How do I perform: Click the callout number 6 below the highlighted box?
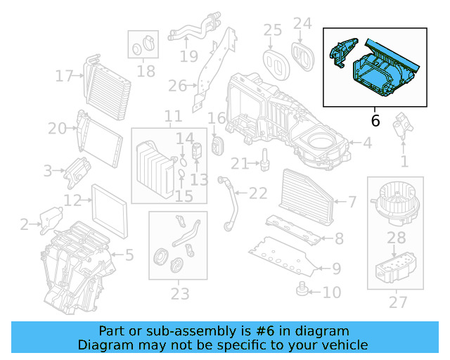375,121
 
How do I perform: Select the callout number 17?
65,76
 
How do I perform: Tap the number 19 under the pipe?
188,56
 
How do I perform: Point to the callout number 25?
272,30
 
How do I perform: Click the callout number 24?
302,24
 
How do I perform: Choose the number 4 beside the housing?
367,143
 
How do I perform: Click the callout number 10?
332,291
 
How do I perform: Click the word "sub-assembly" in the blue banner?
184,330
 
